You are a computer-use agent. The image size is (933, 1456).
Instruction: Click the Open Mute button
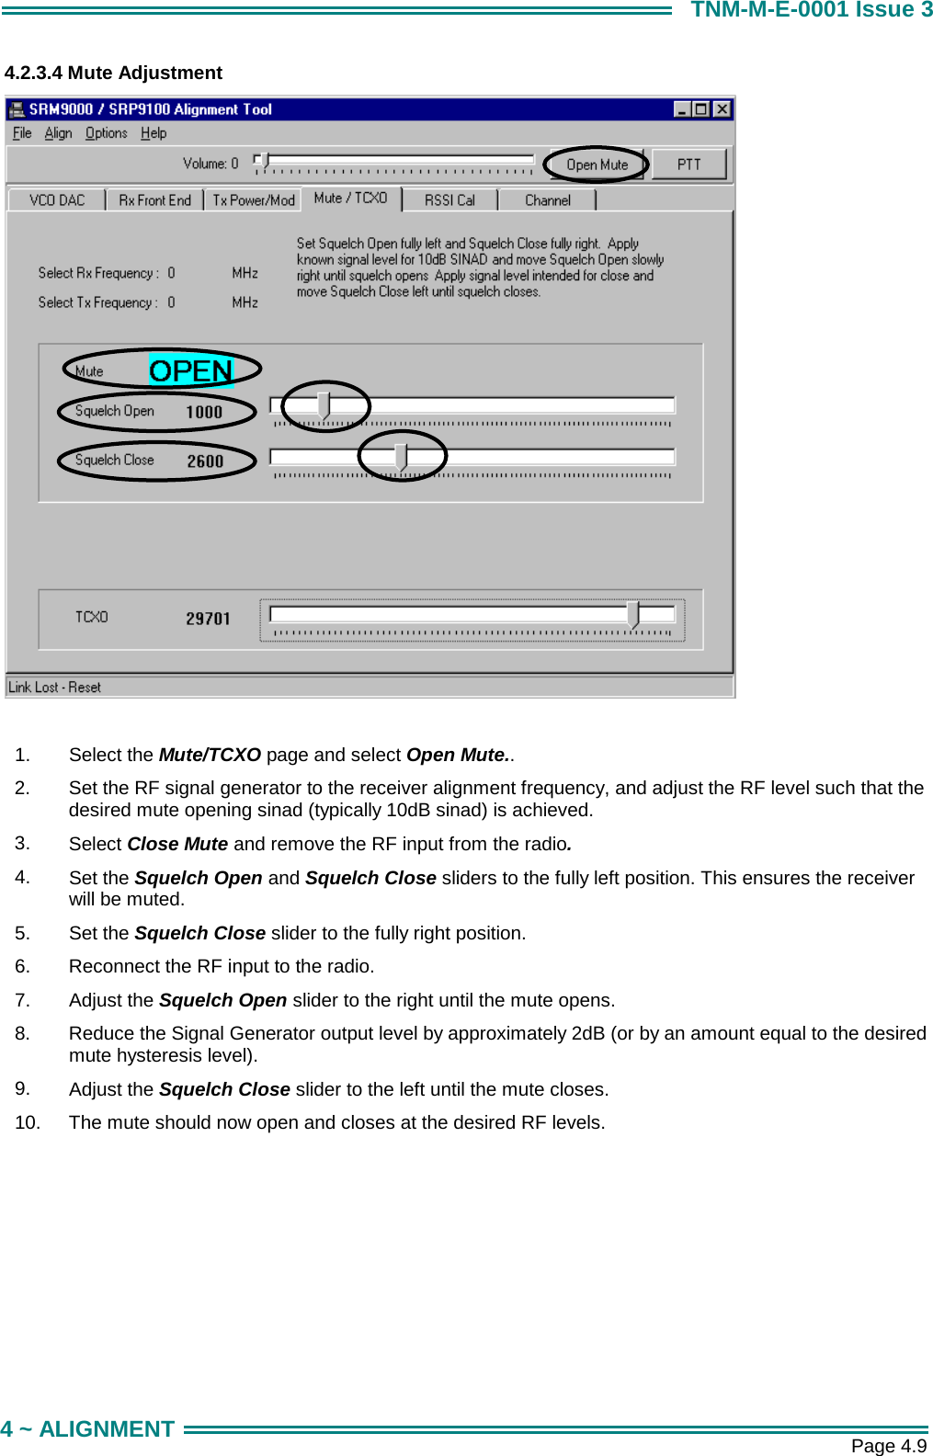[x=597, y=165]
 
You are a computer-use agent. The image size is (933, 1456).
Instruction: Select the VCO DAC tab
[x=57, y=200]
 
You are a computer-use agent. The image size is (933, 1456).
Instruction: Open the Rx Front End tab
[x=154, y=200]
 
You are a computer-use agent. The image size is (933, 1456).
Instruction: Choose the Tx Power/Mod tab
[x=254, y=200]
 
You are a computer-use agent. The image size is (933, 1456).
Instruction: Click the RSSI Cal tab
[x=449, y=200]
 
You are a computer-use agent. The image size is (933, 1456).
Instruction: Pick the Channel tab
[x=547, y=200]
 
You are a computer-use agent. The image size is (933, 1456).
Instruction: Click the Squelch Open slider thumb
[x=324, y=404]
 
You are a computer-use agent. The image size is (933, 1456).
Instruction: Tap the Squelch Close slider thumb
[x=401, y=456]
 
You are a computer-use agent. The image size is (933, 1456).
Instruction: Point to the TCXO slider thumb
[x=632, y=614]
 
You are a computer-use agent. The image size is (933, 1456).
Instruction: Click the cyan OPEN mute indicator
[x=191, y=370]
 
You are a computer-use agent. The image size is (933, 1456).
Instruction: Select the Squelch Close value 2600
[x=205, y=461]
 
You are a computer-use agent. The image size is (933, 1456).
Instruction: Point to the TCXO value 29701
[x=208, y=619]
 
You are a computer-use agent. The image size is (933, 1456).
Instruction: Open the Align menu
[x=58, y=133]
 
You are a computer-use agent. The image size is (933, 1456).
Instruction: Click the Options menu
[x=106, y=133]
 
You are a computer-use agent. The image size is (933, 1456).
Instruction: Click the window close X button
[x=723, y=109]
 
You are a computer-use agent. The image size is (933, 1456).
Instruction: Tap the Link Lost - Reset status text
[x=54, y=688]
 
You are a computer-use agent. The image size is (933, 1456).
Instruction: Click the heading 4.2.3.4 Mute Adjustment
[x=113, y=73]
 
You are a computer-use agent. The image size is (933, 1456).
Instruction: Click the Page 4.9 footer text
[x=888, y=1446]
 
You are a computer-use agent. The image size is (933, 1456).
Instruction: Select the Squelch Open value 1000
[x=204, y=412]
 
